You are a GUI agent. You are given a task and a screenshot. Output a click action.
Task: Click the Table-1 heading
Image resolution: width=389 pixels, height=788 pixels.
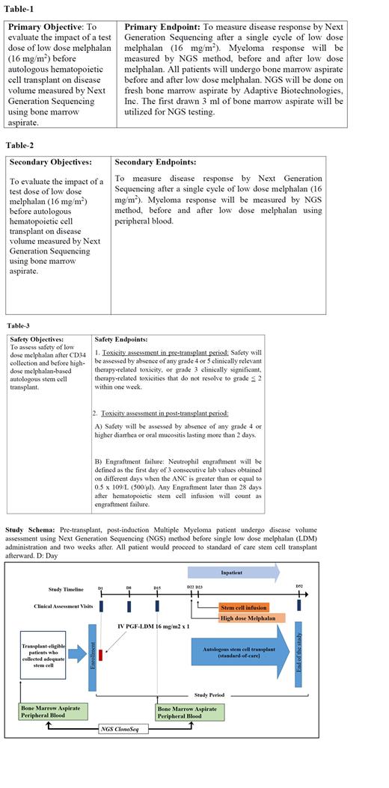point(21,9)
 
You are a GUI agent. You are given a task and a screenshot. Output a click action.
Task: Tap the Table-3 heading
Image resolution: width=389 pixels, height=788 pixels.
point(19,326)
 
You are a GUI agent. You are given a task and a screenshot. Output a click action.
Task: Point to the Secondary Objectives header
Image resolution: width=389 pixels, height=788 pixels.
point(50,161)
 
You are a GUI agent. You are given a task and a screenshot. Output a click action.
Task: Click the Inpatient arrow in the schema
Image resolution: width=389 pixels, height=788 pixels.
point(233,572)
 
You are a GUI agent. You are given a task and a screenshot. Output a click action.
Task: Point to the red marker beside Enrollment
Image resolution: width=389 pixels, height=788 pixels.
point(101,655)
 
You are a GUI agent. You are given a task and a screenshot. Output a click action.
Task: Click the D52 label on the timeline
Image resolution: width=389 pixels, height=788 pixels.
point(299,587)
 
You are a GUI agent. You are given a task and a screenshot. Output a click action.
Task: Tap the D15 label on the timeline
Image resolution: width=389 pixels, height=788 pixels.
point(157,588)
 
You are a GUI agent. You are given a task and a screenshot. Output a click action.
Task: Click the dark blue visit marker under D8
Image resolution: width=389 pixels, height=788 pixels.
point(129,606)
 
